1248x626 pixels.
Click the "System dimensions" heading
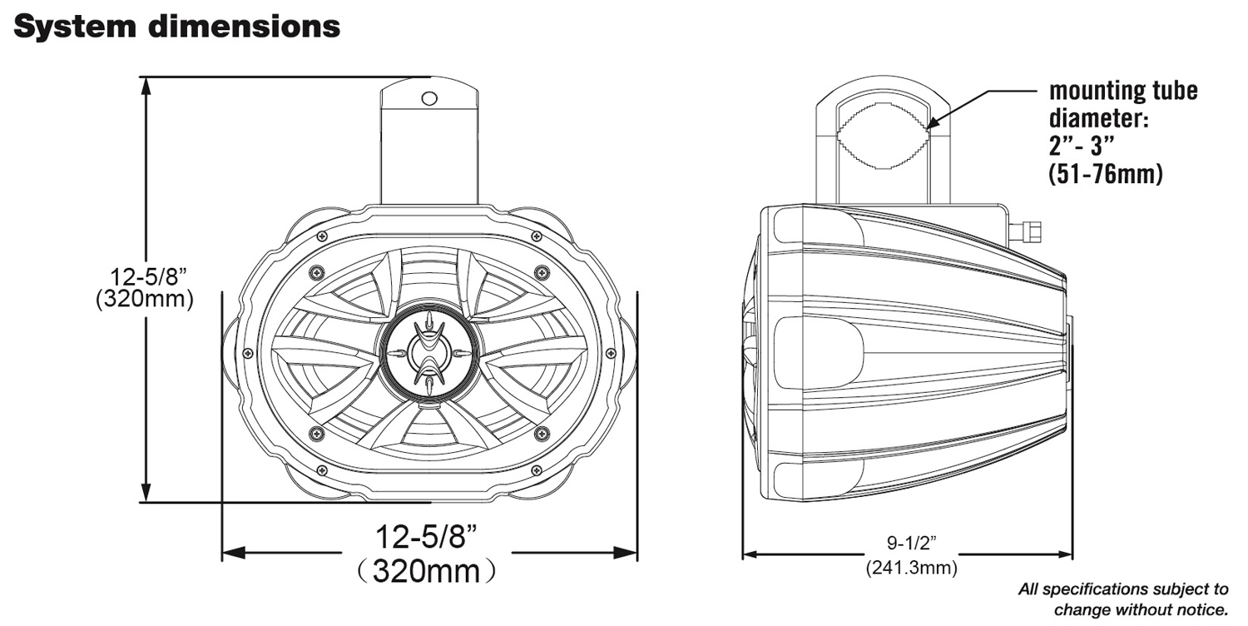pyautogui.click(x=177, y=27)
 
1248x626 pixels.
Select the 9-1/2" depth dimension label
pyautogui.click(x=910, y=544)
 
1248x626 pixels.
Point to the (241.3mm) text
pyautogui.click(x=910, y=568)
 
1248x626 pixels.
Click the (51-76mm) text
pyautogui.click(x=1106, y=173)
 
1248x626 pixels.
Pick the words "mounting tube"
pyautogui.click(x=1123, y=90)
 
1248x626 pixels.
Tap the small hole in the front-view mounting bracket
pyautogui.click(x=429, y=98)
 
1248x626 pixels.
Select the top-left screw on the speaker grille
pyautogui.click(x=316, y=272)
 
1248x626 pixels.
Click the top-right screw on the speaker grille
pyautogui.click(x=542, y=272)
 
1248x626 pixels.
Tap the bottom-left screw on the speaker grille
pyautogui.click(x=316, y=433)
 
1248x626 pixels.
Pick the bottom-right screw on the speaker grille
pyautogui.click(x=542, y=433)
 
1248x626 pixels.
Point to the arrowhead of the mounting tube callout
pyautogui.click(x=929, y=124)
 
